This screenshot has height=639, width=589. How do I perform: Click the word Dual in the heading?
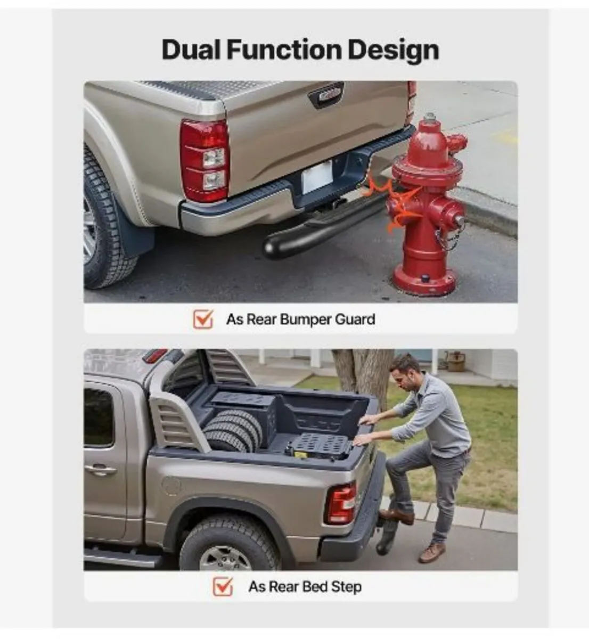coord(191,50)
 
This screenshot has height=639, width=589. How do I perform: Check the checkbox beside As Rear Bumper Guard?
coord(203,319)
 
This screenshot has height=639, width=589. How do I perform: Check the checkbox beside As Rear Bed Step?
coord(223,586)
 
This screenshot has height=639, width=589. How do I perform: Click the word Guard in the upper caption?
coord(355,319)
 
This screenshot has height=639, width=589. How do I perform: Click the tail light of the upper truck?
coord(204,160)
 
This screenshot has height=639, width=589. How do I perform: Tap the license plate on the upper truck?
coord(317,176)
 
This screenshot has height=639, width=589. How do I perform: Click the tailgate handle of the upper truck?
coord(326,95)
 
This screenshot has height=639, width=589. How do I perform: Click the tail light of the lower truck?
coord(340,504)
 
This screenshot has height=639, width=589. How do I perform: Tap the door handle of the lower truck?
coord(100,470)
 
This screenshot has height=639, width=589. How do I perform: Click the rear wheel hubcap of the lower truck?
coord(226,560)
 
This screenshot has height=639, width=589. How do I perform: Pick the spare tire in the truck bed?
coord(233,431)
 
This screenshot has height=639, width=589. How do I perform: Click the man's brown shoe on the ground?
coord(432,553)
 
